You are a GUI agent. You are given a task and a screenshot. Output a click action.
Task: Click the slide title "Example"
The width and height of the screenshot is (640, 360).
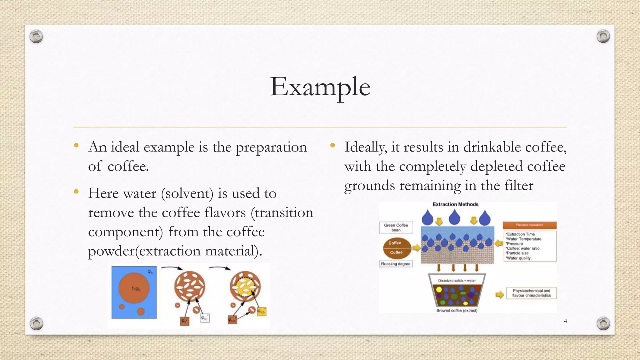tap(320, 87)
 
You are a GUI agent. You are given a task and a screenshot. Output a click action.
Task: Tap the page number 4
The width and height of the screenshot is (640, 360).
tap(565, 321)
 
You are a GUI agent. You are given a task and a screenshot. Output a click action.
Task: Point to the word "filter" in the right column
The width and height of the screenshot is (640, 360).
tap(519, 186)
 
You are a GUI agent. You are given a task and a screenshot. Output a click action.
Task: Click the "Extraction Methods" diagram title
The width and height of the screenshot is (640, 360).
tap(455, 204)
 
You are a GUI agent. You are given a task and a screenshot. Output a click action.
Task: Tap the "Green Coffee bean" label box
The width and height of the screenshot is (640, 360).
tap(396, 227)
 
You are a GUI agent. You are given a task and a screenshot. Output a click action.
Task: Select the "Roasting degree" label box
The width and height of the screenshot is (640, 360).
tap(396, 264)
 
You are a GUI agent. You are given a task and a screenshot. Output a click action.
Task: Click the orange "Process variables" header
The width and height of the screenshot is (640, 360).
tap(529, 225)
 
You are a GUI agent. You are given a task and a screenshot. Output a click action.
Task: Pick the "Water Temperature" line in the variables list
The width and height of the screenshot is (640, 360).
tap(524, 239)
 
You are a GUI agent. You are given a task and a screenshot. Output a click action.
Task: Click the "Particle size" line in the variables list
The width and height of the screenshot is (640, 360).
tap(517, 253)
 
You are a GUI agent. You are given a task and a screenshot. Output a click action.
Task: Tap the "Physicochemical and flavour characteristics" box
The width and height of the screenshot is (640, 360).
tap(531, 293)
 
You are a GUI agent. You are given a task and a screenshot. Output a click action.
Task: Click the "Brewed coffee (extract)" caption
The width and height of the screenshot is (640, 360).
tap(457, 311)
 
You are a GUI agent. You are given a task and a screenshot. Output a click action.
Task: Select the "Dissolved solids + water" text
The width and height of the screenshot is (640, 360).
tap(457, 281)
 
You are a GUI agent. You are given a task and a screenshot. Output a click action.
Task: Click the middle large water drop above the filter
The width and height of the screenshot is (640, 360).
tap(454, 217)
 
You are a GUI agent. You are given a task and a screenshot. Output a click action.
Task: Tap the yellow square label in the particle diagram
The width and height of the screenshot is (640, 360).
tap(261, 312)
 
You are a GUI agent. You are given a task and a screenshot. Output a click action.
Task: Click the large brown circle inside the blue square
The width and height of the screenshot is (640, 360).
tap(134, 288)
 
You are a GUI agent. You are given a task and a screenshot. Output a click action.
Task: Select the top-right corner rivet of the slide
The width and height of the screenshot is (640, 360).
tap(603, 37)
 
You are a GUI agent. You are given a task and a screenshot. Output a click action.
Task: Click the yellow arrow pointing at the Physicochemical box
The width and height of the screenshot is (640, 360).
tap(500, 294)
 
